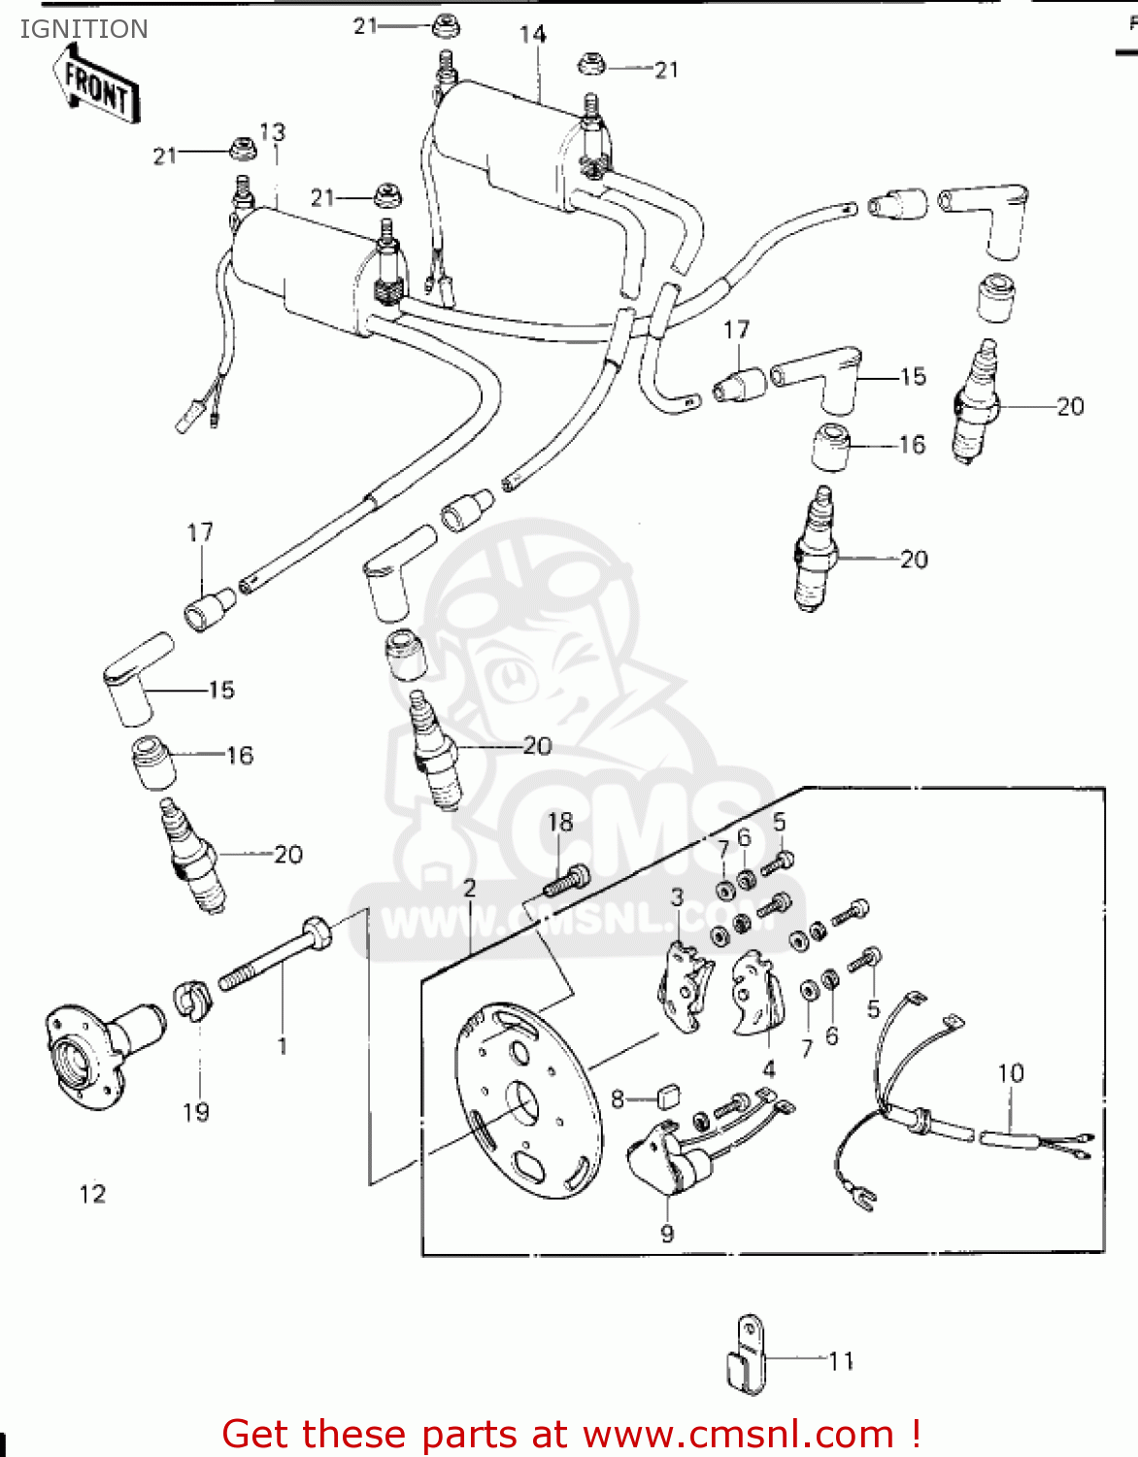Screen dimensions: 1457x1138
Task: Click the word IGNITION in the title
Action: (x=84, y=29)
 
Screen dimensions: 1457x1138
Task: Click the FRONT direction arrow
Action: (x=97, y=88)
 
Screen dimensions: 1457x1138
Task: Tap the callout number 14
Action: (x=532, y=35)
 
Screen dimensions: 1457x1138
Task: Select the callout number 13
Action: (x=272, y=131)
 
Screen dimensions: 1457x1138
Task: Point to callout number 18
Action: (x=560, y=823)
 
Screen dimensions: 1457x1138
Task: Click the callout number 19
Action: (x=196, y=1112)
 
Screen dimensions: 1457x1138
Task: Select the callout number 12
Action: (x=92, y=1194)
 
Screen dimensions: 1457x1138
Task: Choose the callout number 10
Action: (x=1011, y=1073)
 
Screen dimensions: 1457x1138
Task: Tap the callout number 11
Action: (x=841, y=1361)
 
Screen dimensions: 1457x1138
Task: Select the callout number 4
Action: (x=769, y=1069)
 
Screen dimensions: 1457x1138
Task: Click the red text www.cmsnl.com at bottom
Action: (x=739, y=1435)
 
